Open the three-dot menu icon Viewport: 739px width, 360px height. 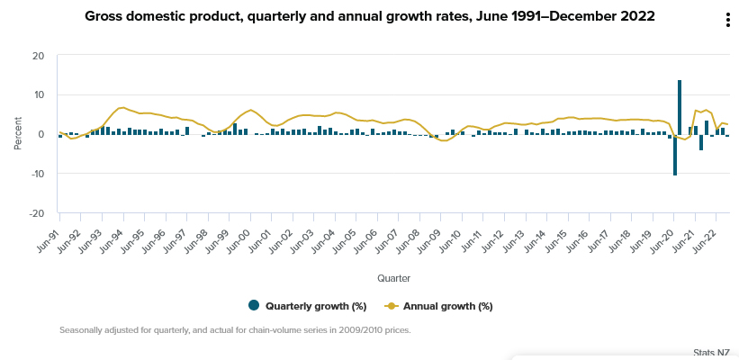[x=726, y=21]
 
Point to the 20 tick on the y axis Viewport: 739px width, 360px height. [x=38, y=56]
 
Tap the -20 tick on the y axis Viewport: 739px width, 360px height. [x=36, y=213]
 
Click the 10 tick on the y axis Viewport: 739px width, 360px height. [x=38, y=94]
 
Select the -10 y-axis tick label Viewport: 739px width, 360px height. [x=36, y=174]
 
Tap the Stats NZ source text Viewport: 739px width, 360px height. [x=712, y=353]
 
